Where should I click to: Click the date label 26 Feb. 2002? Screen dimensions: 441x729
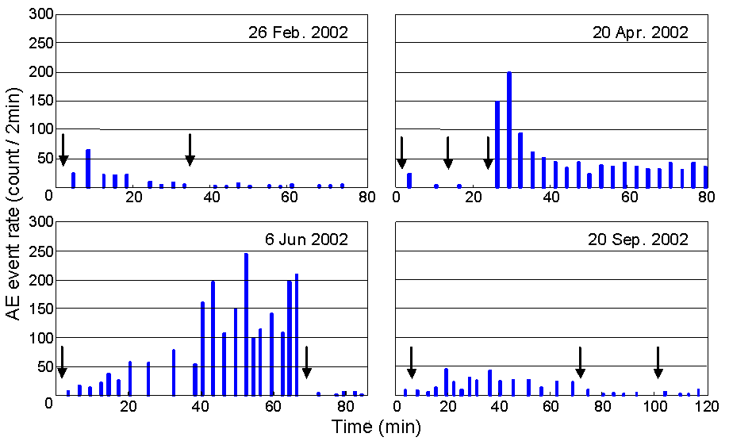[298, 33]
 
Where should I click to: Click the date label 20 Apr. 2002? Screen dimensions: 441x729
[640, 33]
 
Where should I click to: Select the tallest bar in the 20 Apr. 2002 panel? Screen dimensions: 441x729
[508, 130]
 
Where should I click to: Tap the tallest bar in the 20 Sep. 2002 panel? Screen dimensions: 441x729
[447, 382]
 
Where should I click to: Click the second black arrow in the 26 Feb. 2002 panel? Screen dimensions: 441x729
[190, 150]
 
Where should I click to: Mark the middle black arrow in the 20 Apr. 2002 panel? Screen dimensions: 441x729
[448, 152]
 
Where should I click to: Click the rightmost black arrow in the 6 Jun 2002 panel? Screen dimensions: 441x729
[307, 362]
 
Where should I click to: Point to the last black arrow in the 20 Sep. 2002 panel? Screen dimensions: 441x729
[658, 362]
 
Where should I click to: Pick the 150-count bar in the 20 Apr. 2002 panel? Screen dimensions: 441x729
[497, 144]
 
